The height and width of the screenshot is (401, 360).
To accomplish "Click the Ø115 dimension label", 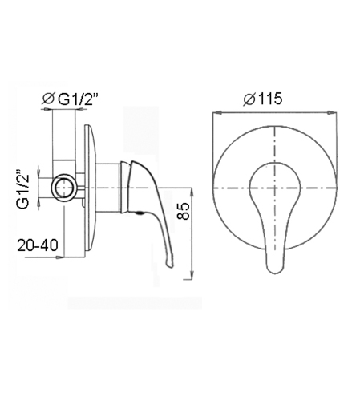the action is pyautogui.click(x=262, y=99).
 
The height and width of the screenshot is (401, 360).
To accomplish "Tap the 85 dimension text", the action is pyautogui.click(x=184, y=211).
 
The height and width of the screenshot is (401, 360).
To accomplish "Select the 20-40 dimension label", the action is pyautogui.click(x=38, y=245).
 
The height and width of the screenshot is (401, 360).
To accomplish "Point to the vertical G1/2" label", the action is pyautogui.click(x=22, y=188).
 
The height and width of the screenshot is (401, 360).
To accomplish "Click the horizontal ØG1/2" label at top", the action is pyautogui.click(x=69, y=99).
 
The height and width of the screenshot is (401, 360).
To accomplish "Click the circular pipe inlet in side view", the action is pyautogui.click(x=64, y=187).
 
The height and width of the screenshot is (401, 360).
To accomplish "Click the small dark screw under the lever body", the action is pyautogui.click(x=140, y=213).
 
